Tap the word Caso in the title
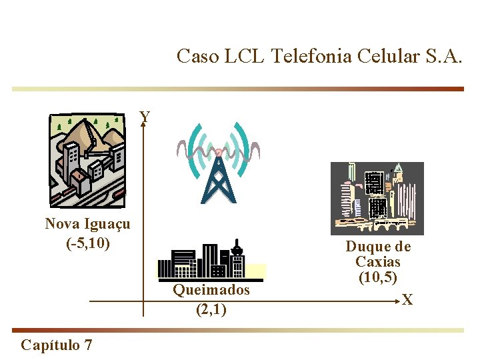tap(197, 56)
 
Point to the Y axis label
tap(145, 117)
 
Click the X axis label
tap(407, 301)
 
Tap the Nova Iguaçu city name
tap(87, 223)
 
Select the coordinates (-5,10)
tap(88, 242)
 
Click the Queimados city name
tap(211, 290)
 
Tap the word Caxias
tap(378, 261)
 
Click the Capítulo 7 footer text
tap(57, 345)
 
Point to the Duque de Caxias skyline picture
tap(377, 198)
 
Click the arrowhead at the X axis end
tap(399, 301)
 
